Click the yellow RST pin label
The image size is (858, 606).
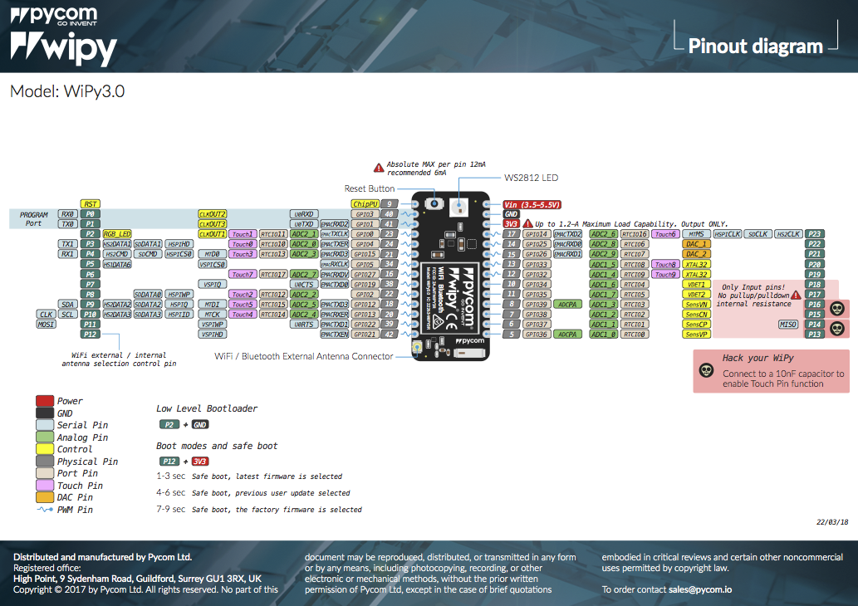[91, 203]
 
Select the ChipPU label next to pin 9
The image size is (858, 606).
[365, 203]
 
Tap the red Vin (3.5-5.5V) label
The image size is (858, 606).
[533, 204]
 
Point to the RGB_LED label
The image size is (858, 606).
[117, 234]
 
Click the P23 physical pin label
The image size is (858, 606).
[815, 234]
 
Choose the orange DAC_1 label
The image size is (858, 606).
[696, 244]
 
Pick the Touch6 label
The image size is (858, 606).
[664, 234]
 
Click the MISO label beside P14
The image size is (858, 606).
[787, 325]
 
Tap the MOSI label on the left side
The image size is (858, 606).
[45, 325]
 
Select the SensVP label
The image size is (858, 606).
[696, 335]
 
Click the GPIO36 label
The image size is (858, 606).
[536, 335]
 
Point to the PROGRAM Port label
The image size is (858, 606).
[34, 218]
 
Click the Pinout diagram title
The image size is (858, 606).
[755, 46]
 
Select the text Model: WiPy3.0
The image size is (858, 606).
[67, 91]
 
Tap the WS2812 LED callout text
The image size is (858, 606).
[532, 178]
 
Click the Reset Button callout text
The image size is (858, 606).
[370, 189]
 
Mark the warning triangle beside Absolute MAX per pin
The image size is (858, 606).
[379, 167]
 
